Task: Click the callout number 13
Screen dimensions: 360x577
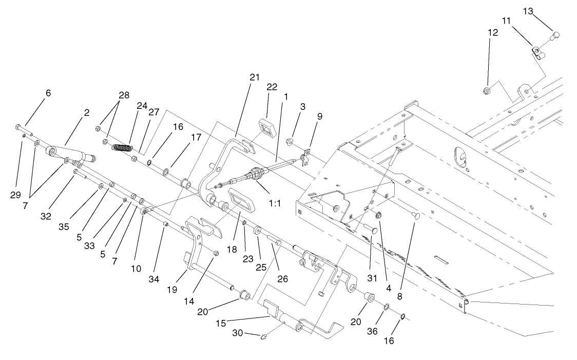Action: point(529,11)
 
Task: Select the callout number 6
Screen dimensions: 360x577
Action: point(48,93)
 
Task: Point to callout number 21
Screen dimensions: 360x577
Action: point(255,78)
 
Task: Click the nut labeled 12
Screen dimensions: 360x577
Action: point(486,91)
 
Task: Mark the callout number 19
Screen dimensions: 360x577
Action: point(172,290)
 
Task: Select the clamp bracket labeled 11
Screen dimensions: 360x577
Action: point(536,52)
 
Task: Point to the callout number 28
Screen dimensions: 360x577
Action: point(124,94)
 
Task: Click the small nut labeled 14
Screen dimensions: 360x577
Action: point(216,253)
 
